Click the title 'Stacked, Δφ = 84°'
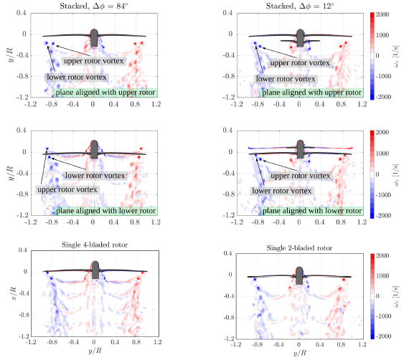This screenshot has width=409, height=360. click(94, 6)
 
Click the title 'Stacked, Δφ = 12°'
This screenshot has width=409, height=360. click(300, 6)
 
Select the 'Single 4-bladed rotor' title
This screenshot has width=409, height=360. click(95, 245)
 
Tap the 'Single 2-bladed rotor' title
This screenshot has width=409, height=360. click(299, 248)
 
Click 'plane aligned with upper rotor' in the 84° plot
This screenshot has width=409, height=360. click(105, 93)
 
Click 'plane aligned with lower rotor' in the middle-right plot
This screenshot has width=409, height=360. click(312, 211)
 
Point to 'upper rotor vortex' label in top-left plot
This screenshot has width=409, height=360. click(94, 61)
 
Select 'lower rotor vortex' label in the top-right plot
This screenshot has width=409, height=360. click(286, 79)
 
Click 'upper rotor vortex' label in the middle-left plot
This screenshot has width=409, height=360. click(67, 189)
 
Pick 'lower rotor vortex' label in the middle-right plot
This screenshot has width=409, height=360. click(282, 191)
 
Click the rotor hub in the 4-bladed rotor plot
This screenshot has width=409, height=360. click(95, 270)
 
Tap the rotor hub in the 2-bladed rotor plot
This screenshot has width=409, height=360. click(299, 275)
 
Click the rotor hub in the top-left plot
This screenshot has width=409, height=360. click(94, 38)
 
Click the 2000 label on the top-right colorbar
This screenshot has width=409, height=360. click(382, 14)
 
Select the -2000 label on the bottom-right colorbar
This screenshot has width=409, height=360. click(383, 336)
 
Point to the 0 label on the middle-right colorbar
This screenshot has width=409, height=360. click(377, 174)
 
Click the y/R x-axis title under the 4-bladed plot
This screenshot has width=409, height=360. click(95, 351)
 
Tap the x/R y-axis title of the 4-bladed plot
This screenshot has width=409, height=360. click(14, 293)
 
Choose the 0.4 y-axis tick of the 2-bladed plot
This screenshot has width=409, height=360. click(227, 253)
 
